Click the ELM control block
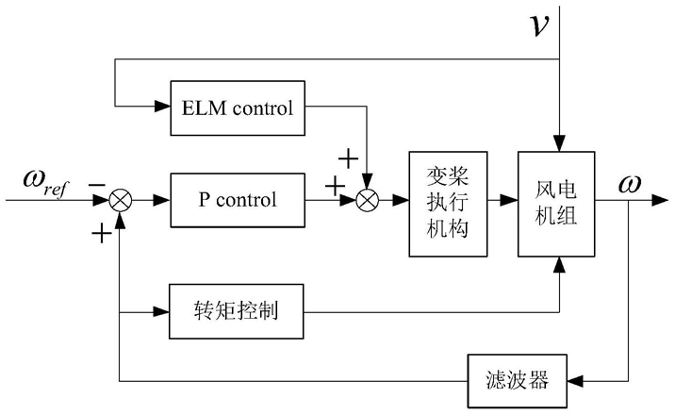click(x=237, y=107)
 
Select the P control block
click(x=237, y=200)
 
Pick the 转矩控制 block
click(x=237, y=308)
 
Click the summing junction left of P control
click(x=122, y=200)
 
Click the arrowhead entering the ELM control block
click(x=162, y=107)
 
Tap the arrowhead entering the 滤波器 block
click(x=574, y=380)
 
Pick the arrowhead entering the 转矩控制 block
click(x=162, y=308)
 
